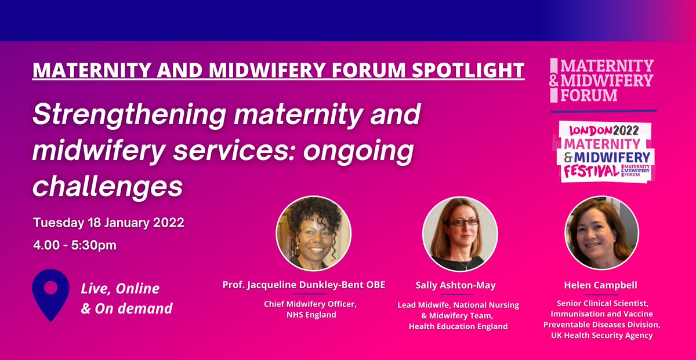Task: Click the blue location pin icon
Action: coord(51,292)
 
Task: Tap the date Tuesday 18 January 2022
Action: coord(108,223)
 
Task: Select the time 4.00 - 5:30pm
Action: coord(75,245)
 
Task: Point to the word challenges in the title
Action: coord(108,187)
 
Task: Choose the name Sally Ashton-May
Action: coord(455,286)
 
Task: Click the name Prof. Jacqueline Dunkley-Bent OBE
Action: coord(304,286)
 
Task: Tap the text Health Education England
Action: coord(458,326)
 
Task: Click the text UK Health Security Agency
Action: coord(601,336)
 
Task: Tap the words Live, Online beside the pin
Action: coord(120,288)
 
